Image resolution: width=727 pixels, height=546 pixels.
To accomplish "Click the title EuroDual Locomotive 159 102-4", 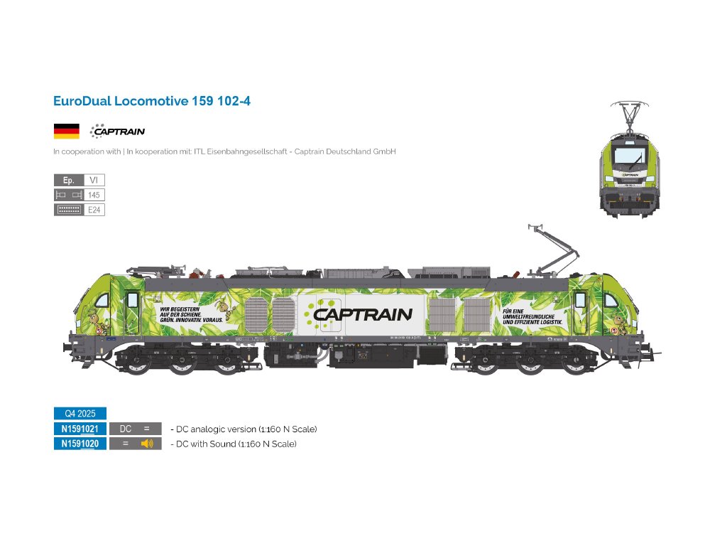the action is pos(152,101).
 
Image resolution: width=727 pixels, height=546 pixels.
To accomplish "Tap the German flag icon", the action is pos(66,131).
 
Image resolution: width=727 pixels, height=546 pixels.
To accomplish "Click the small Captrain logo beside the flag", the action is pos(117,131).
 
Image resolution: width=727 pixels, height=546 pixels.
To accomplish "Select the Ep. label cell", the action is pos(68,181).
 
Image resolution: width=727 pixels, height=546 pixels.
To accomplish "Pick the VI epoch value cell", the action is pos(94,181).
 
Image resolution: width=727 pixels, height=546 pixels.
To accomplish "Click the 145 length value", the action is pos(94,195).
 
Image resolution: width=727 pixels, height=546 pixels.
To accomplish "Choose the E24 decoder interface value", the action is pos(94,210).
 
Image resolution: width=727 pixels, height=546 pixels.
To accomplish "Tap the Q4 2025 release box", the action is pos(80,413).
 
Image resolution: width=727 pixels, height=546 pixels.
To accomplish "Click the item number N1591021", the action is pos(80,429).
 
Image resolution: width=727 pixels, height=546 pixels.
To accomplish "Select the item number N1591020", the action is pos(80,444).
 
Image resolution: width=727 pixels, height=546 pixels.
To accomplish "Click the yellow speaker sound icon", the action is pos(147,444).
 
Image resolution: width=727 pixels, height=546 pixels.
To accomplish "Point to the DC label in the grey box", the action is pos(126,429).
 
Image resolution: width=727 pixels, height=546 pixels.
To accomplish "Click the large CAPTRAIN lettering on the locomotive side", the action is pos(363,314).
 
